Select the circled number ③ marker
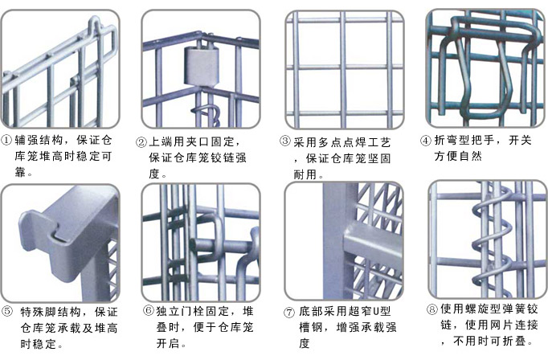click(x=284, y=141)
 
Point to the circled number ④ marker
click(x=426, y=140)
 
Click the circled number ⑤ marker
click(x=7, y=312)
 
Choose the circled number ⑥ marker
click(x=149, y=311)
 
